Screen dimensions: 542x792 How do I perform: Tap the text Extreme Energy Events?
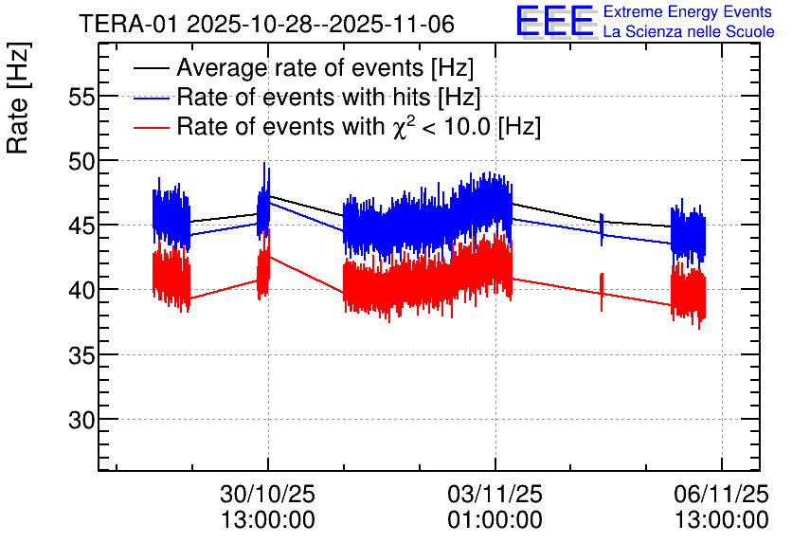(688, 12)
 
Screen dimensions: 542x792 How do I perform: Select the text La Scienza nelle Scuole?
(688, 32)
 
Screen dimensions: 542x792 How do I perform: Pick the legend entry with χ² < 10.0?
(359, 126)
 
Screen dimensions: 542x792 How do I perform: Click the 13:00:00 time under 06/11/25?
(722, 520)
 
